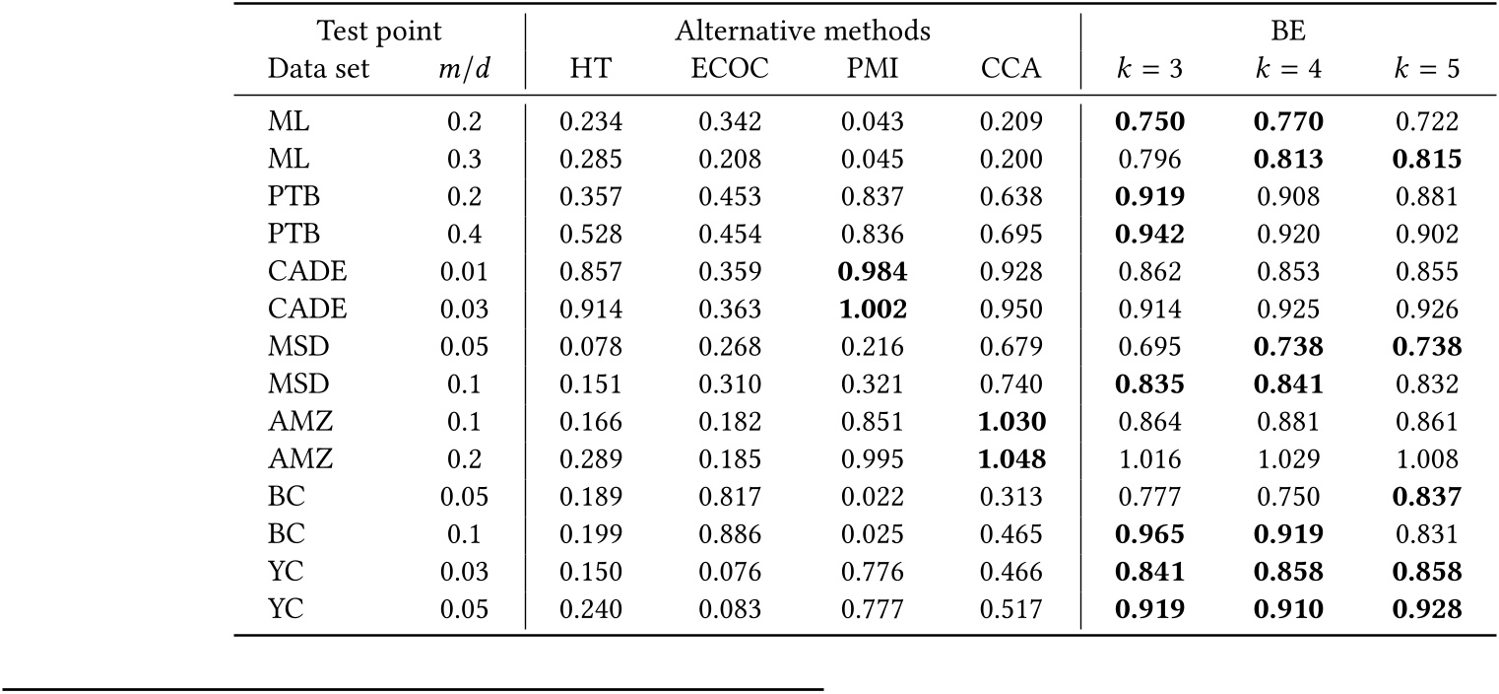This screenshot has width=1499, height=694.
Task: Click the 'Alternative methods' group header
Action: tap(803, 31)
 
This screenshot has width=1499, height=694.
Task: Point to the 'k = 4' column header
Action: tap(1287, 70)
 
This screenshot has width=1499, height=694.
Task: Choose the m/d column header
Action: tap(463, 70)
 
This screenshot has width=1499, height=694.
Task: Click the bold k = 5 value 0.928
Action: tap(1426, 610)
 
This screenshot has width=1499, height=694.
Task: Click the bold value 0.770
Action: tap(1287, 122)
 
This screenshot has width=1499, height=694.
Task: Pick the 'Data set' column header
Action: tap(319, 70)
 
